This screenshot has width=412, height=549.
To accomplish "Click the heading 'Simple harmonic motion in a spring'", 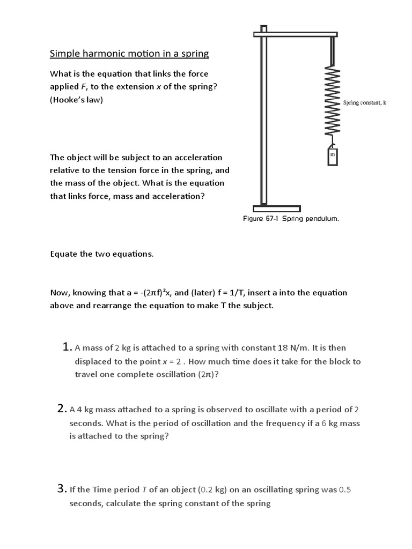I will coord(129,54).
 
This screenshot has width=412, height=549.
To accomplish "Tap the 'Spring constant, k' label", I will coord(364,102).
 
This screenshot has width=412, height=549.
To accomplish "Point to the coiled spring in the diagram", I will coord(333,102).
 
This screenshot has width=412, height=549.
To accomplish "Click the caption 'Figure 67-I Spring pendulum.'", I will coord(291,219).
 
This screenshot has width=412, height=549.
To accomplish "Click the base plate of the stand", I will coord(276,208).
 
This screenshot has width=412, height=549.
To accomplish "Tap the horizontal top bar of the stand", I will coord(296,34).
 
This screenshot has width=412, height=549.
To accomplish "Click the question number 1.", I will coord(67,347).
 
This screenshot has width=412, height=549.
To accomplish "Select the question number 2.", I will coord(61,409).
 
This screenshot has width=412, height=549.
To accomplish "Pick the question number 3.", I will coord(61,488).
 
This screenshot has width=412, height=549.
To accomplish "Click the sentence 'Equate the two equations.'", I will coord(102,254).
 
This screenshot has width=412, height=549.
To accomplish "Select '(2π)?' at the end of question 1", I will coord(209,375).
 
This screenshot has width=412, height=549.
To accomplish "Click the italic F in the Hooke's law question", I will coord(84,87).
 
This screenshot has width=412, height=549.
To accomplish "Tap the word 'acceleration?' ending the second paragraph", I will coord(181,196).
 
